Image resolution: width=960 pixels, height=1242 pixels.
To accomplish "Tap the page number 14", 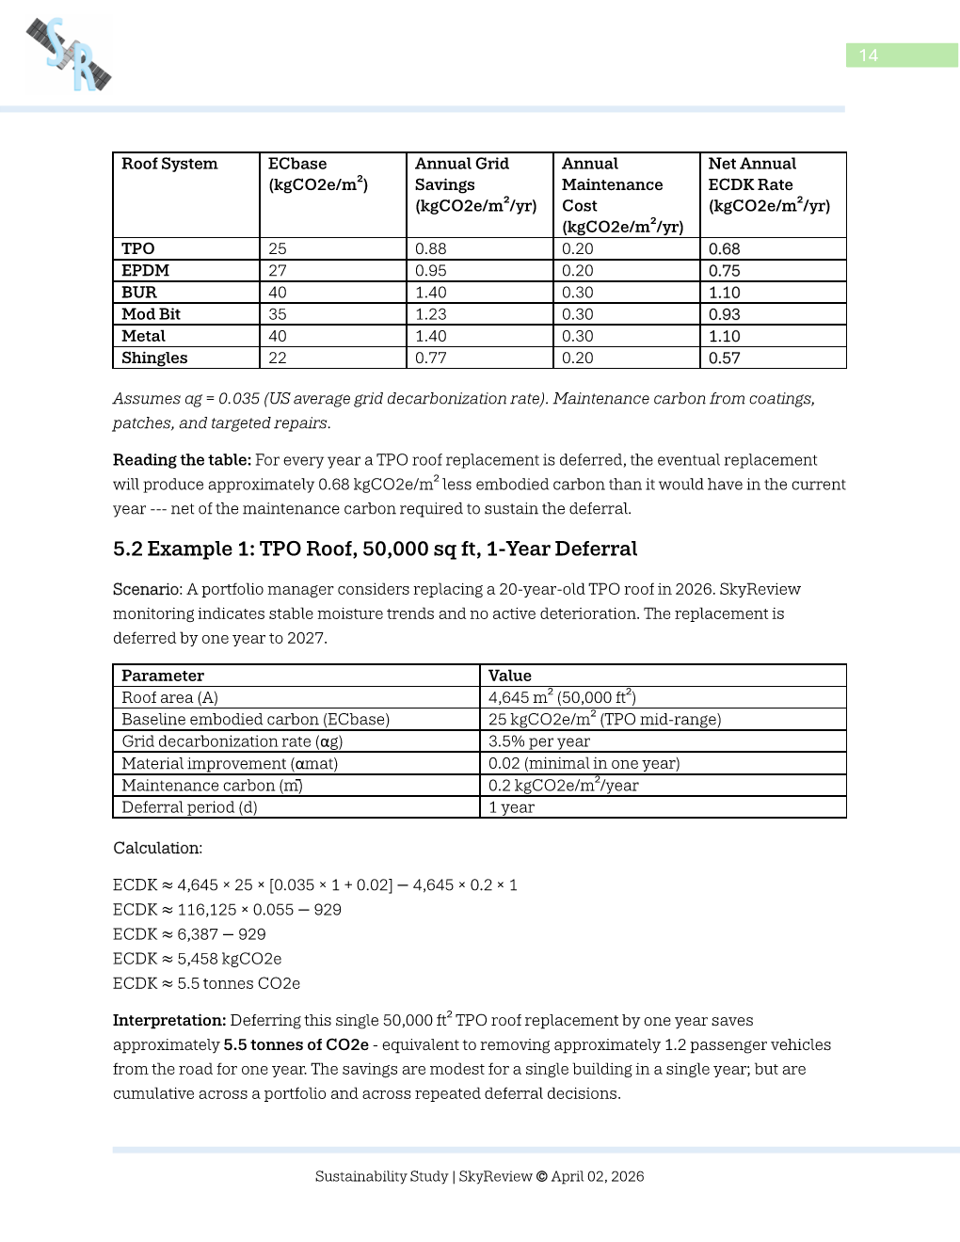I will point(868,56).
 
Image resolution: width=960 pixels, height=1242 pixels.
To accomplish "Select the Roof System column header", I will point(169,164).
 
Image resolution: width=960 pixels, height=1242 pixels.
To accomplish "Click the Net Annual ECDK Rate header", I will point(769,184).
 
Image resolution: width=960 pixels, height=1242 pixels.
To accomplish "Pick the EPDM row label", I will point(145,271).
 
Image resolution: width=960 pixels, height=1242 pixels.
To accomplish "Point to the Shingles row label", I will point(154,358).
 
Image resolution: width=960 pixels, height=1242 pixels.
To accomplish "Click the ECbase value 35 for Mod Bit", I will point(278,314).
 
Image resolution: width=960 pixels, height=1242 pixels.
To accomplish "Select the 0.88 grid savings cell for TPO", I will point(431,249).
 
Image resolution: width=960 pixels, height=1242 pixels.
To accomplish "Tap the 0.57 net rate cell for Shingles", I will point(725,358).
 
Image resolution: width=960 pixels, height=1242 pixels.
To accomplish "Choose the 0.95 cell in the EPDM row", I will point(431,271).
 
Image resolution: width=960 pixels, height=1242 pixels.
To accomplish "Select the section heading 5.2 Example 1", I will point(375,549).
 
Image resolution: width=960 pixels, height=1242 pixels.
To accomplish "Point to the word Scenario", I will point(147,590).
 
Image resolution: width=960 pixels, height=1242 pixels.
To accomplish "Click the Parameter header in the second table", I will point(163,676).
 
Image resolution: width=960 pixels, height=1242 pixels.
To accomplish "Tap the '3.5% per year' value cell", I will point(539,741).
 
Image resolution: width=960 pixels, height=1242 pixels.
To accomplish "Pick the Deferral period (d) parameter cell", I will point(189,807).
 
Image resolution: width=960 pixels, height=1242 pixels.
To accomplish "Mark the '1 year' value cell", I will point(511,807).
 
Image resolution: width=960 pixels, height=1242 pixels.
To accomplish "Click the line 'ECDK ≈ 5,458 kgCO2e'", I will point(197,959).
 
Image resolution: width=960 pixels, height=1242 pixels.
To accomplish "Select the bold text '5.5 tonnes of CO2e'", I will point(296,1045).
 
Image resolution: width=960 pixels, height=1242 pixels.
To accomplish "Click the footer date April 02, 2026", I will point(598,1176).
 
